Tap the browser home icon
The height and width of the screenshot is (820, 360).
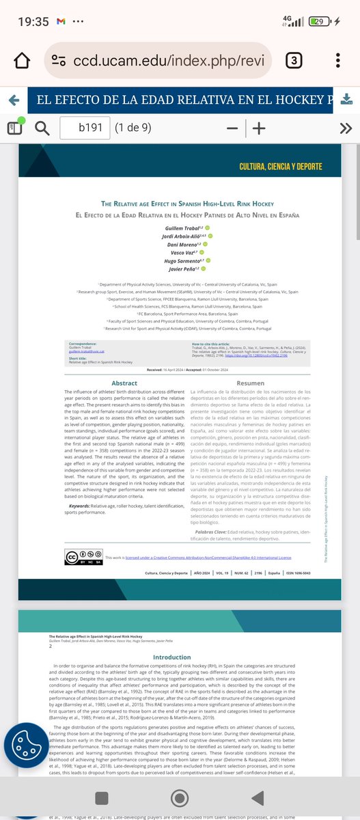tap(22, 60)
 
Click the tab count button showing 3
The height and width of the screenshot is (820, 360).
tap(294, 60)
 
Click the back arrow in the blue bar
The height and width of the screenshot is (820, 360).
tap(13, 100)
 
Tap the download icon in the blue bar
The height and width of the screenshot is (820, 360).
tap(346, 100)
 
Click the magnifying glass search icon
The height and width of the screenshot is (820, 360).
tap(42, 128)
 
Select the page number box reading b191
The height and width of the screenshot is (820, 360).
tap(85, 128)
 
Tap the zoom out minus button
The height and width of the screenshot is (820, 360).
tap(232, 128)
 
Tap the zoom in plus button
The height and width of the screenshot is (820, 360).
tap(259, 128)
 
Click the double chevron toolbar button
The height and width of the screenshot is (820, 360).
tap(346, 128)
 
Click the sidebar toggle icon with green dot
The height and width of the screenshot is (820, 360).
tap(14, 127)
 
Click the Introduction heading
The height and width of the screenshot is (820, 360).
tap(172, 658)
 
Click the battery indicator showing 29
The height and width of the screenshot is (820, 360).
tap(318, 21)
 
